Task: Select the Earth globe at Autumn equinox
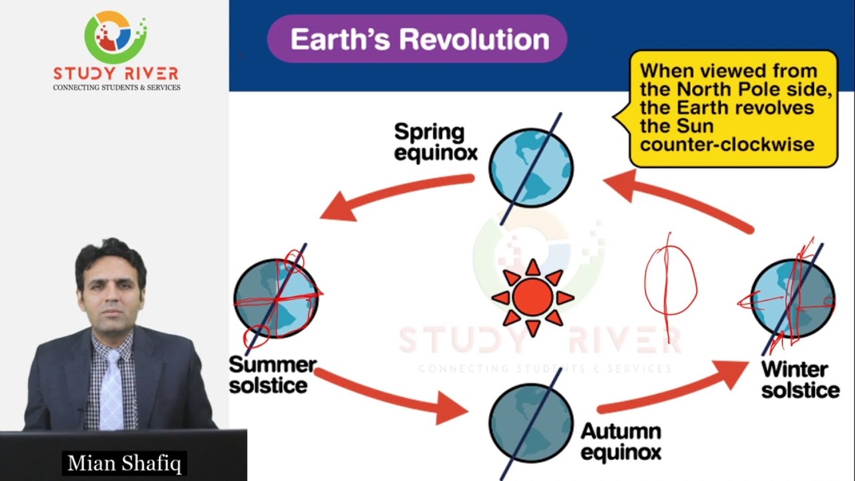(531, 422)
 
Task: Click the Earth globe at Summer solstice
(276, 299)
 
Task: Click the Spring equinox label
(436, 142)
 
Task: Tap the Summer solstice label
(272, 375)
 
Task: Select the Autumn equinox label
(621, 441)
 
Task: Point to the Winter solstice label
(800, 379)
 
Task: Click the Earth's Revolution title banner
(417, 39)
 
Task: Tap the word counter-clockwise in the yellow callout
(727, 144)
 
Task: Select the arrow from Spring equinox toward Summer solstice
(394, 195)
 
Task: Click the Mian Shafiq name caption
(124, 463)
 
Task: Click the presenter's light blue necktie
(111, 391)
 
